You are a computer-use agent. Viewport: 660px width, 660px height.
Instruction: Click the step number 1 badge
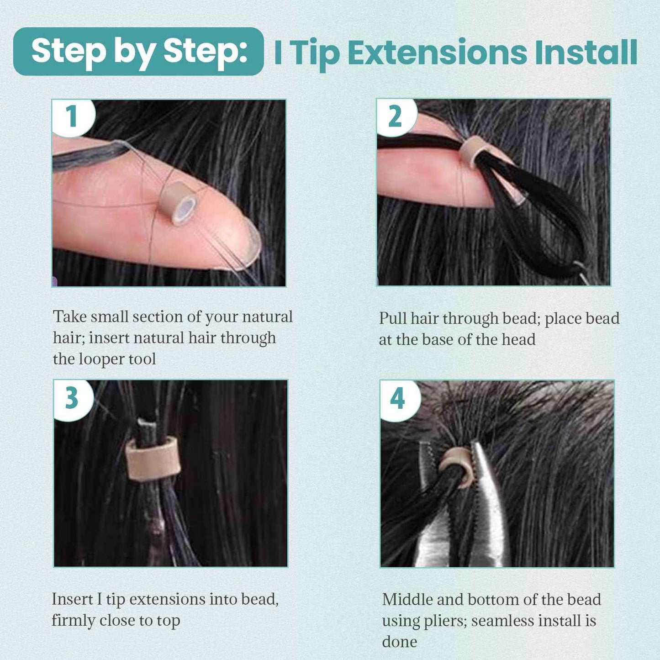(72, 116)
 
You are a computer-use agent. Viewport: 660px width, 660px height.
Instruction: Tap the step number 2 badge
(396, 116)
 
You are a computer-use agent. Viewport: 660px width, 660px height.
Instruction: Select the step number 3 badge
(72, 398)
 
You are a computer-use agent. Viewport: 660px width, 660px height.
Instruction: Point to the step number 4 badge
(398, 399)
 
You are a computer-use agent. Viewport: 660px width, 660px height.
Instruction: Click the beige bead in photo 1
(178, 203)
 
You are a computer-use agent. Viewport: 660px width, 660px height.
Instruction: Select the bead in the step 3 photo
(153, 459)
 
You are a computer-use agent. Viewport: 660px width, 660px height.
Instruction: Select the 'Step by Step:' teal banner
(139, 51)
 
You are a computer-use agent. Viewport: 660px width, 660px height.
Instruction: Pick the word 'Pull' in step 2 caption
(392, 318)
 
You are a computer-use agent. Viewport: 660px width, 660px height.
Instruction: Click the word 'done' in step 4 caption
(399, 642)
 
